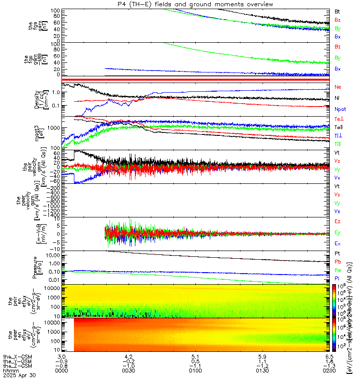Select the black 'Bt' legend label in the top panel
click(x=337, y=11)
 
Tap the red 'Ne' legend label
click(x=337, y=87)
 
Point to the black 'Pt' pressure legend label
click(x=337, y=253)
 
